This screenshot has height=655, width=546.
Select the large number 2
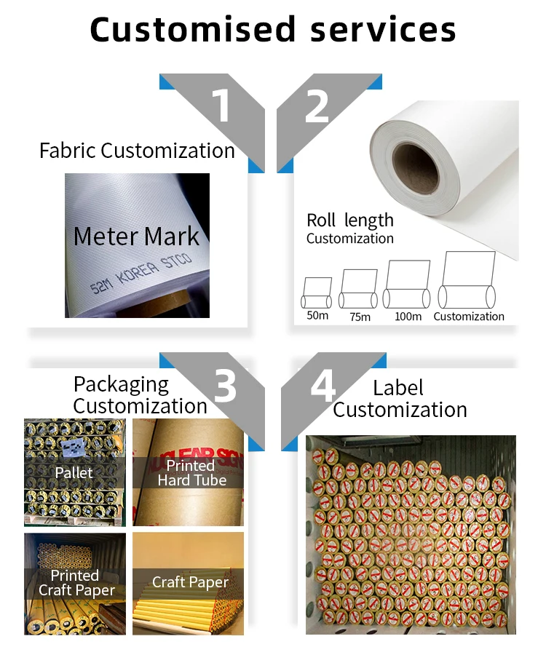click(317, 106)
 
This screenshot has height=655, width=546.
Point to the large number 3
click(225, 385)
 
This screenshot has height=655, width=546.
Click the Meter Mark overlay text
click(136, 236)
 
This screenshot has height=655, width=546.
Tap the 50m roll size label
click(317, 316)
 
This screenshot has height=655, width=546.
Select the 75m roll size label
click(360, 316)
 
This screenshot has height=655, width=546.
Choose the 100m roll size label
click(408, 316)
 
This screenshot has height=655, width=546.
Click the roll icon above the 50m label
click(317, 293)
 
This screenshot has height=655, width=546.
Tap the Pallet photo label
click(74, 472)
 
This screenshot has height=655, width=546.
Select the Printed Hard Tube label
click(191, 472)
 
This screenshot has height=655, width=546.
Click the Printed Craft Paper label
click(76, 583)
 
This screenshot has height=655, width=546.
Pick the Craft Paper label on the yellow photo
click(190, 582)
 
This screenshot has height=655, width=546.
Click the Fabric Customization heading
click(137, 151)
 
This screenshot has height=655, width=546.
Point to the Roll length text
click(349, 221)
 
